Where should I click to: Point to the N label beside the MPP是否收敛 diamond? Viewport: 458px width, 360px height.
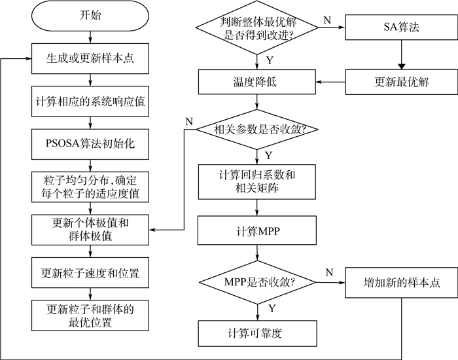(x=328, y=270)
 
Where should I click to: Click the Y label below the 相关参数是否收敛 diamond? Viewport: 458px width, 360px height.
(x=268, y=154)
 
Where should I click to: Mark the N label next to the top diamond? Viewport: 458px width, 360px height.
(x=326, y=19)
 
